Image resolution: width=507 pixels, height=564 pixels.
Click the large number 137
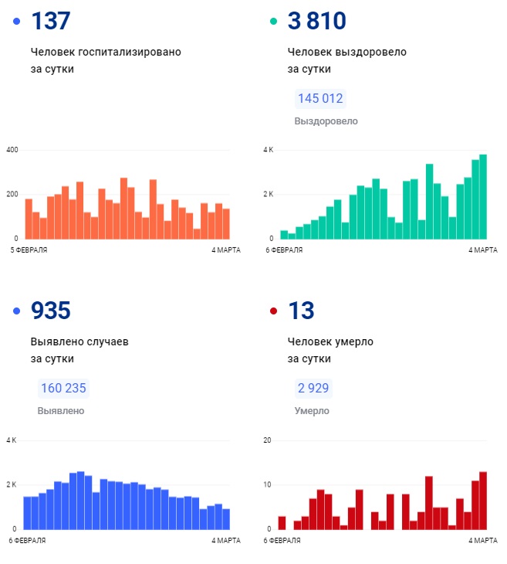pyautogui.click(x=51, y=21)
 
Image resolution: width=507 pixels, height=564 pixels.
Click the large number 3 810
pyautogui.click(x=316, y=21)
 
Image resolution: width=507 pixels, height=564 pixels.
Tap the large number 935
pyautogui.click(x=51, y=311)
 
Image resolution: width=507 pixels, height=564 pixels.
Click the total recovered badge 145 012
pyautogui.click(x=319, y=99)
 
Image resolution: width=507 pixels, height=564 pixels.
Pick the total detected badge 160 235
pyautogui.click(x=63, y=389)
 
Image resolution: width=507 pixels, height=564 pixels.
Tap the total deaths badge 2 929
pyautogui.click(x=313, y=389)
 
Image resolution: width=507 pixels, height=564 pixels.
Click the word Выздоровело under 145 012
pyautogui.click(x=326, y=121)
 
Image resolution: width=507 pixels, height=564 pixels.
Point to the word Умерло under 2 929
pyautogui.click(x=312, y=411)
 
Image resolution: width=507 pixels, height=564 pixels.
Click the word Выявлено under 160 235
pyautogui.click(x=61, y=411)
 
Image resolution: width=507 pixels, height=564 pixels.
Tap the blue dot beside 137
pyautogui.click(x=17, y=22)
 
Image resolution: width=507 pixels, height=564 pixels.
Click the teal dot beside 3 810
pyautogui.click(x=273, y=22)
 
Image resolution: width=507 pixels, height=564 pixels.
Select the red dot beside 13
pyautogui.click(x=273, y=311)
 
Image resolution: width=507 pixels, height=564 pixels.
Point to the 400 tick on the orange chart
pyautogui.click(x=12, y=149)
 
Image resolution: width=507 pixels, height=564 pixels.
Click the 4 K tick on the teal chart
pyautogui.click(x=269, y=149)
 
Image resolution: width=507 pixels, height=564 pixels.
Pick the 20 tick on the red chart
pyautogui.click(x=268, y=440)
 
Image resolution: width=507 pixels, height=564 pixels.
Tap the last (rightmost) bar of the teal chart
pyautogui.click(x=483, y=196)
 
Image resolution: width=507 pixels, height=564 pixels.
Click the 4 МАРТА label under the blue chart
pyautogui.click(x=226, y=540)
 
